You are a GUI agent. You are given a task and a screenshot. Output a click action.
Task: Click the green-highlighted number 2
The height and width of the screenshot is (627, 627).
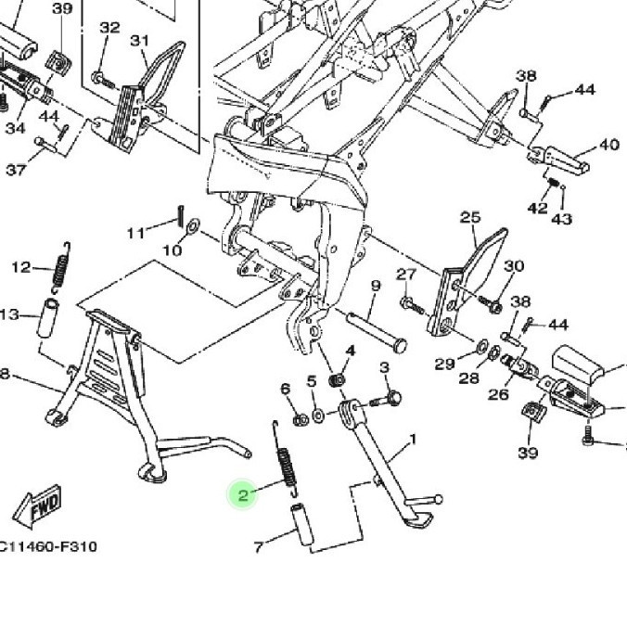click(x=243, y=495)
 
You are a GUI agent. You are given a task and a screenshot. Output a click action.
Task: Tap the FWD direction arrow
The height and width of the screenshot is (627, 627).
click(x=38, y=505)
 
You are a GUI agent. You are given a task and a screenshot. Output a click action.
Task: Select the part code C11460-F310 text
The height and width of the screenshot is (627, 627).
click(x=48, y=546)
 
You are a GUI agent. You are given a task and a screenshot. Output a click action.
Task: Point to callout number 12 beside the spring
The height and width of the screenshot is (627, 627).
click(x=21, y=268)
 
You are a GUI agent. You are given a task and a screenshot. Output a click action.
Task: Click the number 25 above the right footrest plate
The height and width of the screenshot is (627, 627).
click(x=470, y=218)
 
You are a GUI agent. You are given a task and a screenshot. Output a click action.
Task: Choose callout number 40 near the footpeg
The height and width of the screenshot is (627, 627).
click(x=608, y=145)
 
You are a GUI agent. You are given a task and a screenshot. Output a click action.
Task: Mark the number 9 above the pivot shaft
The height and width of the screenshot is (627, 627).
click(x=376, y=285)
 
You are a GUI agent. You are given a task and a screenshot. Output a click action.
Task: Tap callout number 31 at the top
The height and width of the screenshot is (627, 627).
click(x=139, y=41)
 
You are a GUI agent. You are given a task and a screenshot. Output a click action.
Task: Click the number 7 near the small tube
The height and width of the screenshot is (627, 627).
click(x=259, y=547)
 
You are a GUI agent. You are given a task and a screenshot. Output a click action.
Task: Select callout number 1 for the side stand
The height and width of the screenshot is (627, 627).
click(x=412, y=439)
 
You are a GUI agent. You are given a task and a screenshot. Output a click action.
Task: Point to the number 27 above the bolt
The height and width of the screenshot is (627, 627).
click(x=406, y=275)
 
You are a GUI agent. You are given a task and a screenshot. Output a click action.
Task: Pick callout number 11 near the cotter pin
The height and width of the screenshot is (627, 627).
click(x=136, y=231)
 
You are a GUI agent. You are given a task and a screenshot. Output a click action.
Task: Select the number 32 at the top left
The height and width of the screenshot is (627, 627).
click(x=109, y=28)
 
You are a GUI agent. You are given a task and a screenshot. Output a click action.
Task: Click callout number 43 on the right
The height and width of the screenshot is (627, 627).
click(x=562, y=219)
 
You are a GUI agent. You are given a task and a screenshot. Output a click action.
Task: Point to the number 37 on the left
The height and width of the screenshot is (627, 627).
click(x=16, y=170)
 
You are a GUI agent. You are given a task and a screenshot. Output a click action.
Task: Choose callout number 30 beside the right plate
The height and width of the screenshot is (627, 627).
click(x=514, y=266)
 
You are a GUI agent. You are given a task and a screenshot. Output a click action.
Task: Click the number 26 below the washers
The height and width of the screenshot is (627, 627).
click(x=498, y=394)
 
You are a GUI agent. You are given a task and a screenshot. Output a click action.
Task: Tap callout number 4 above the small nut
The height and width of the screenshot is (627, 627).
click(x=351, y=351)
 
